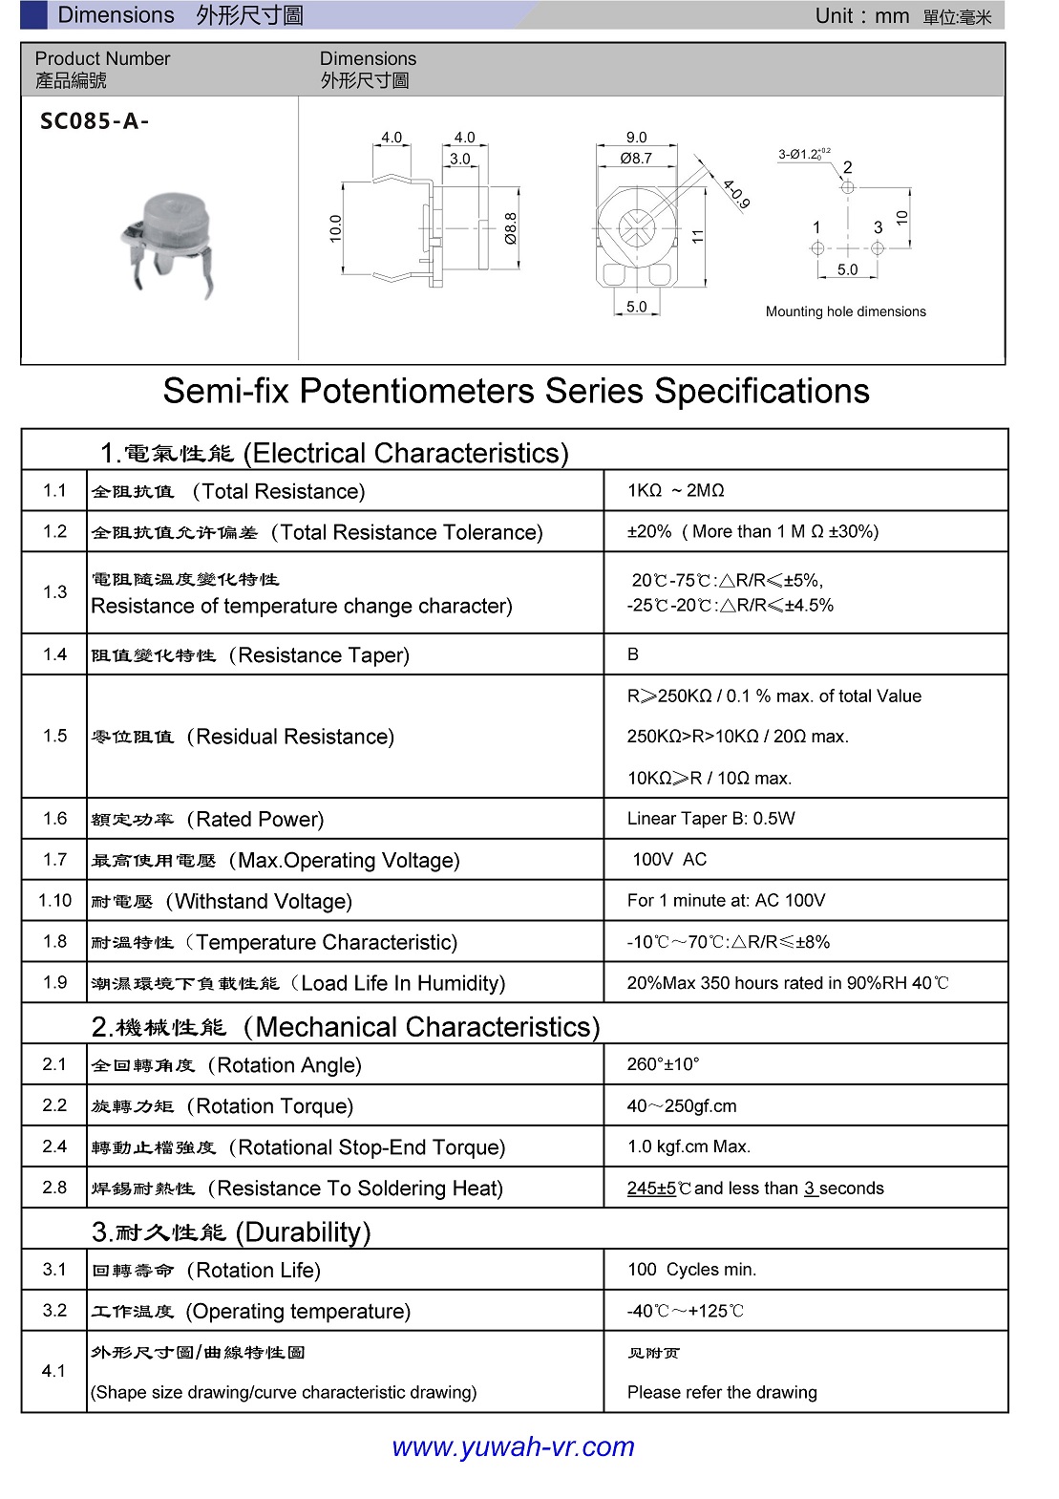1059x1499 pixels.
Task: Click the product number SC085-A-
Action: [x=95, y=121]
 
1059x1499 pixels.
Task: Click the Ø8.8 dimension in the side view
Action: [x=511, y=229]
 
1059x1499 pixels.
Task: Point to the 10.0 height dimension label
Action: [x=335, y=228]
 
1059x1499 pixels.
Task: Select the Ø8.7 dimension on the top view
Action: [x=636, y=159]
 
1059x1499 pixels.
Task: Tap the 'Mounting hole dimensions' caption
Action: [x=845, y=311]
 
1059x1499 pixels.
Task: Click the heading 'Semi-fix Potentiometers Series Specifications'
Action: [x=516, y=391]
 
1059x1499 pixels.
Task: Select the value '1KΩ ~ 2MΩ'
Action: [x=675, y=490]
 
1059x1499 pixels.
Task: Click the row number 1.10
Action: [x=54, y=900]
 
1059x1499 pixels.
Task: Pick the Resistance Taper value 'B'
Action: [x=633, y=654]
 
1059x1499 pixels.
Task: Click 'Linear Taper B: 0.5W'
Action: [x=710, y=819]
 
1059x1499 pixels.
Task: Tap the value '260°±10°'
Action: [x=663, y=1064]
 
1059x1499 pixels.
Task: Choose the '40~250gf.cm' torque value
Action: [x=681, y=1106]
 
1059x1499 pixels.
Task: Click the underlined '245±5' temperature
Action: [x=651, y=1188]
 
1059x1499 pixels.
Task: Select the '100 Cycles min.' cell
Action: [x=691, y=1270]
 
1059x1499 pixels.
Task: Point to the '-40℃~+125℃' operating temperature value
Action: [x=685, y=1311]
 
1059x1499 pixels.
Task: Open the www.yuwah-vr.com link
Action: [x=513, y=1446]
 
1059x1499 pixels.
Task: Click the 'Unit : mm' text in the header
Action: [x=861, y=16]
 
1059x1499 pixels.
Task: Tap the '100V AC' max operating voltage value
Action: [x=668, y=860]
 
